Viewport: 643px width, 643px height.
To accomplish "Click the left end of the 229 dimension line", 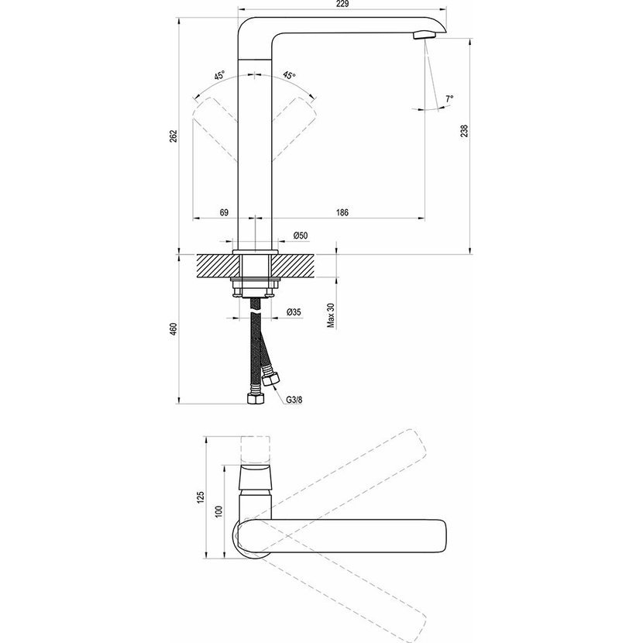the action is click(x=239, y=9).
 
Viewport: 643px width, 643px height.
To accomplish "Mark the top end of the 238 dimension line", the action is click(x=470, y=39).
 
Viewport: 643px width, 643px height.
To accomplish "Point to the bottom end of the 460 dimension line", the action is click(x=179, y=404).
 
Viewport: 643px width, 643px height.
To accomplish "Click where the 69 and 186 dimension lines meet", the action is click(x=255, y=218).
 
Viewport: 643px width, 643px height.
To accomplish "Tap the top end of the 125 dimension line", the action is click(x=205, y=436).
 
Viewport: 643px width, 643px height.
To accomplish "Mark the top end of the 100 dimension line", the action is click(x=225, y=465).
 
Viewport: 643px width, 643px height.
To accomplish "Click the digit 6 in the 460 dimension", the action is click(x=174, y=329).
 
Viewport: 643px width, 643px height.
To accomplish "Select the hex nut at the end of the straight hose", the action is click(x=255, y=398).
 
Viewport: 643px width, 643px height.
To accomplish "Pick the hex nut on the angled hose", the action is click(x=271, y=379).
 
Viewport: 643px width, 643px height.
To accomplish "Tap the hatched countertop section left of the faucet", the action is click(x=218, y=266).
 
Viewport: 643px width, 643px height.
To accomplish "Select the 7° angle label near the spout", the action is click(x=449, y=99).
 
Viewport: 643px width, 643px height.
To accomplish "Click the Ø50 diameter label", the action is click(x=300, y=236).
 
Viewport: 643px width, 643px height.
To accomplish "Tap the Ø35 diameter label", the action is click(x=294, y=312).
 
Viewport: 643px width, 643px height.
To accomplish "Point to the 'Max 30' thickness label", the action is click(x=332, y=316).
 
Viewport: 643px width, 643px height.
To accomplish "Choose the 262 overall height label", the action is click(x=174, y=136).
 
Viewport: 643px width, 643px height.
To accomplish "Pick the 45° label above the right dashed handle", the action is click(x=289, y=75).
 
